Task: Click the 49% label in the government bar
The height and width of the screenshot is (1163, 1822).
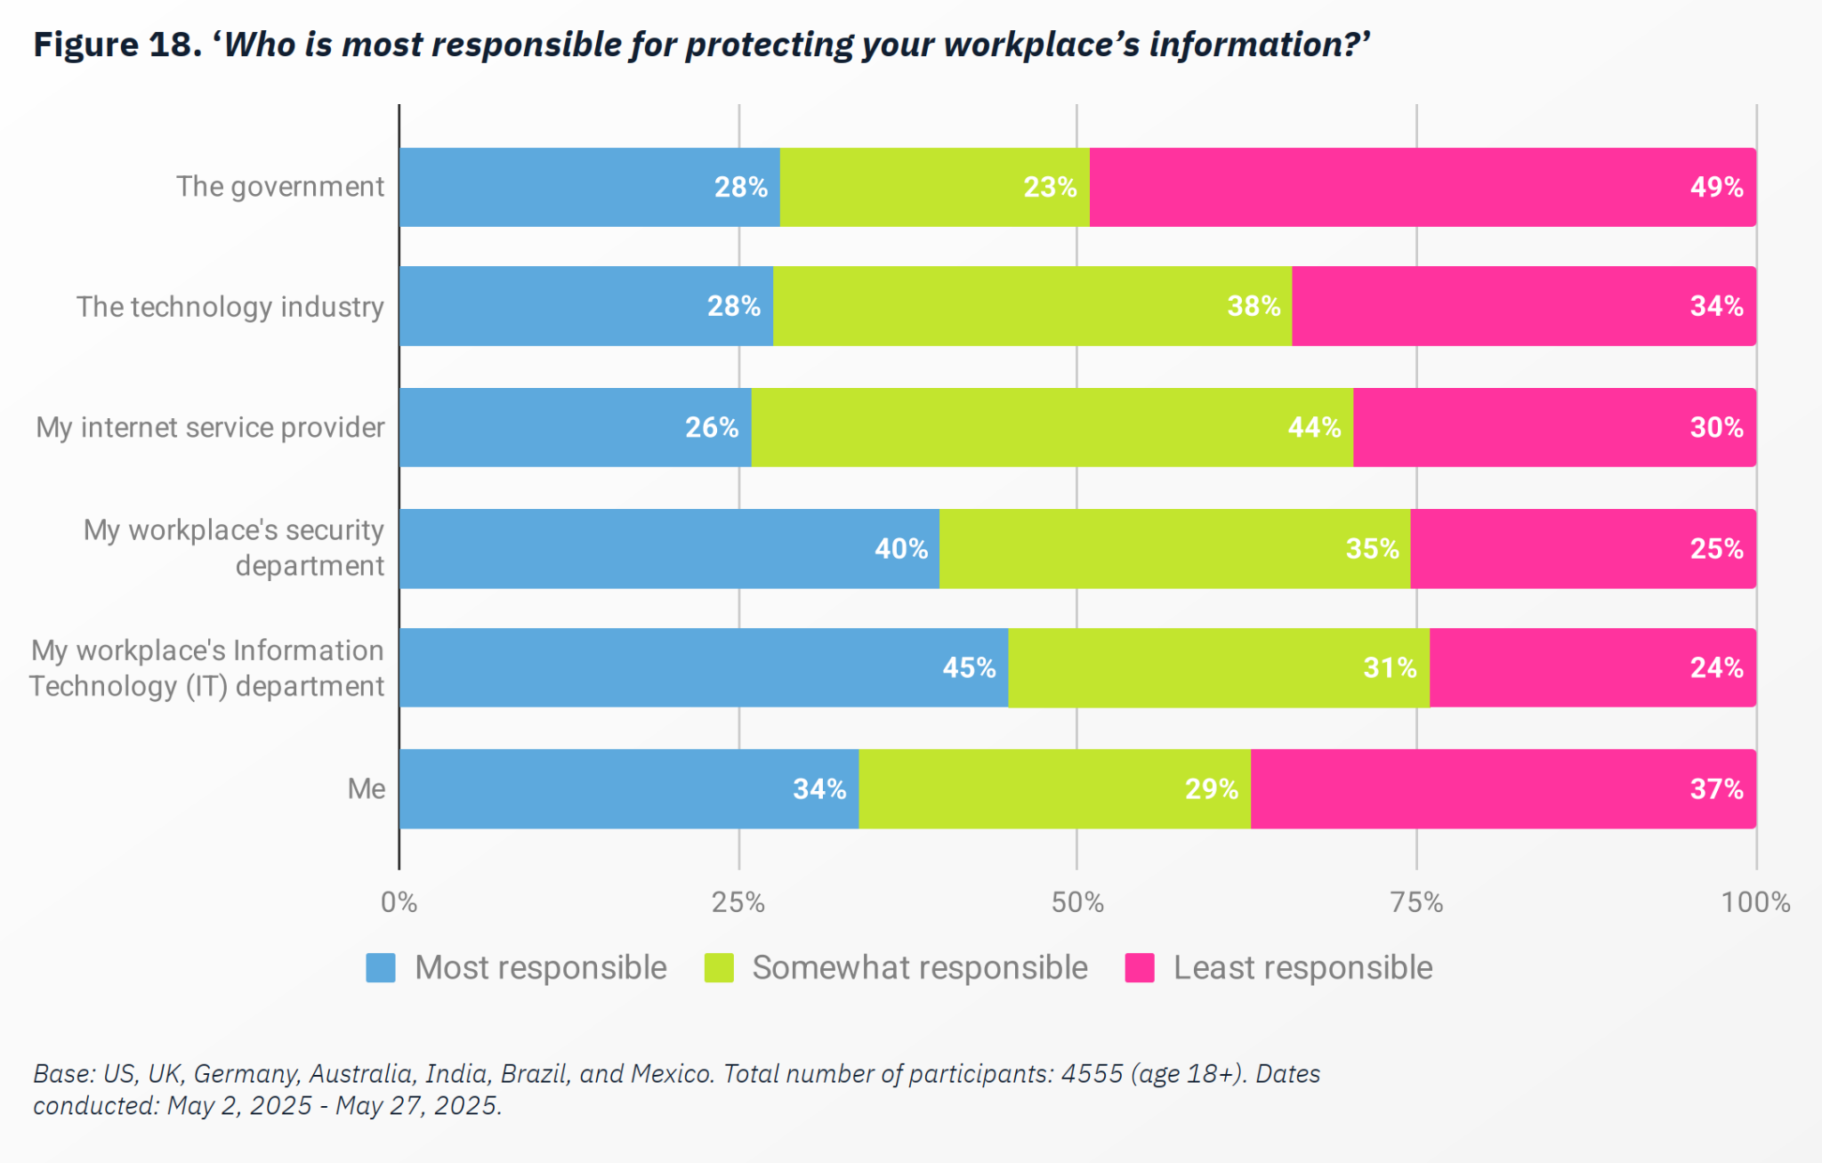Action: click(x=1716, y=187)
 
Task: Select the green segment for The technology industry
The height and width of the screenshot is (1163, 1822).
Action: click(x=1032, y=306)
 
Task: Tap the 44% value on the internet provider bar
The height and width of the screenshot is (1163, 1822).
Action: click(x=1314, y=428)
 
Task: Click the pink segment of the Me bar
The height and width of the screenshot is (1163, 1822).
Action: click(x=1503, y=789)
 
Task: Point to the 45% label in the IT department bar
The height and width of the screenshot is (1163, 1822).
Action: click(x=969, y=668)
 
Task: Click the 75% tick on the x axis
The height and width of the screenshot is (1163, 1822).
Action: click(x=1416, y=902)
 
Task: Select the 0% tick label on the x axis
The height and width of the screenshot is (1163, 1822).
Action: click(x=399, y=902)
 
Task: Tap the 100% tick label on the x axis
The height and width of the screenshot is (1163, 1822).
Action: click(x=1755, y=902)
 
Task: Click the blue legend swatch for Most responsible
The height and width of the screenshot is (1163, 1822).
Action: click(x=381, y=968)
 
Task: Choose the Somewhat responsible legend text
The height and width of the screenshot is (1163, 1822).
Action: click(x=920, y=968)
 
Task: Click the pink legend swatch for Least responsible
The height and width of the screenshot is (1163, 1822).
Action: click(x=1140, y=968)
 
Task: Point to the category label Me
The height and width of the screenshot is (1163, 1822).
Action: click(x=366, y=789)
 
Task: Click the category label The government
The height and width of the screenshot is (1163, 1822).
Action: click(x=279, y=187)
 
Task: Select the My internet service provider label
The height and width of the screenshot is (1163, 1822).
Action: click(x=210, y=428)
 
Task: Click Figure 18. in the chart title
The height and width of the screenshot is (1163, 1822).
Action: click(x=118, y=44)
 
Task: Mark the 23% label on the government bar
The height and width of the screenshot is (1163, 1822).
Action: click(x=1050, y=187)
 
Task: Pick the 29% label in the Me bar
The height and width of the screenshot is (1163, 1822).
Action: click(x=1211, y=789)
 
